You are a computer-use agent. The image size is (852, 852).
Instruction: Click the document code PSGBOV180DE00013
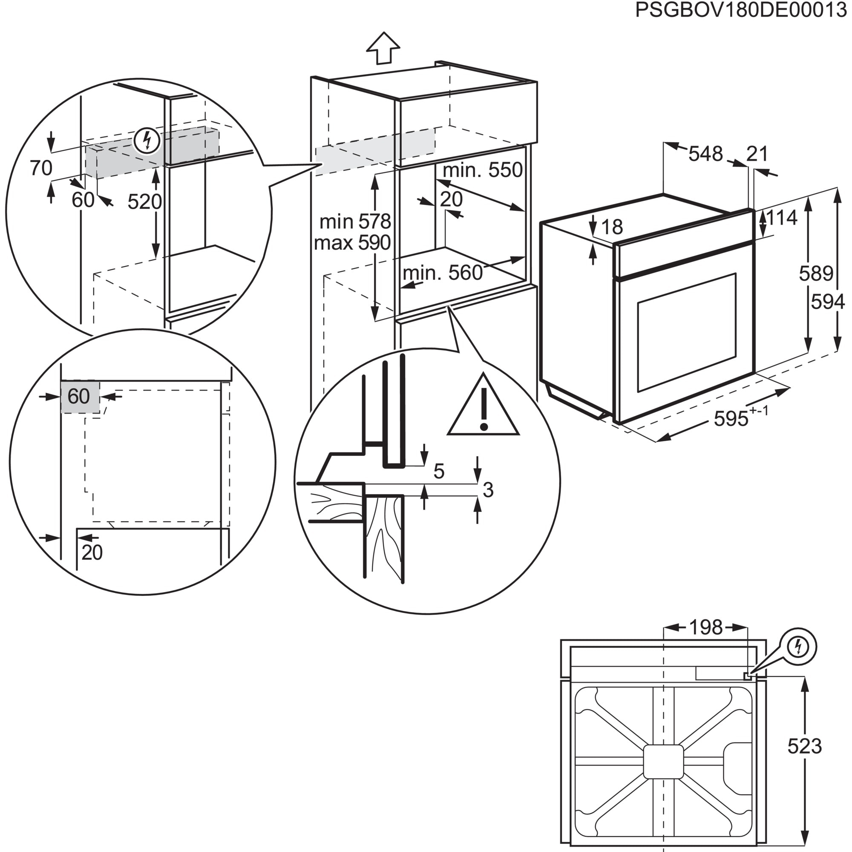click(x=740, y=11)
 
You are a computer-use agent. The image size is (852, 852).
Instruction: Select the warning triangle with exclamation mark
click(x=483, y=408)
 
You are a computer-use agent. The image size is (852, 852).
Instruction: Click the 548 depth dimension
click(x=705, y=154)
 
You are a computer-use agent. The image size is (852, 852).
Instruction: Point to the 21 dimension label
click(x=757, y=154)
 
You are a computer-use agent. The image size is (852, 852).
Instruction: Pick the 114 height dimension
click(x=781, y=218)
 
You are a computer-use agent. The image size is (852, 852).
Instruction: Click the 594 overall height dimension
click(x=828, y=302)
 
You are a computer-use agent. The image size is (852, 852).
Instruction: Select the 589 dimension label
click(x=815, y=274)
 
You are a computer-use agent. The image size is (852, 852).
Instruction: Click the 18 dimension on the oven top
click(x=612, y=227)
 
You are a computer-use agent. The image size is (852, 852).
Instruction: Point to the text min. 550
click(x=483, y=170)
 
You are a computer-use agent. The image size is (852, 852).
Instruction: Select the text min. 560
click(x=442, y=273)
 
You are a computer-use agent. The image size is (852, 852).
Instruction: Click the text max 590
click(x=352, y=243)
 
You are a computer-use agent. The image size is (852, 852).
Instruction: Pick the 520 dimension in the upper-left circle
click(x=144, y=202)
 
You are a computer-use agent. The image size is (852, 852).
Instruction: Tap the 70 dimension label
click(x=41, y=168)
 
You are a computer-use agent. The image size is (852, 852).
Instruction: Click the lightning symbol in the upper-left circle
click(x=147, y=141)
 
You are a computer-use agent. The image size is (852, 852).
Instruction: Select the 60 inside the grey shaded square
click(x=79, y=397)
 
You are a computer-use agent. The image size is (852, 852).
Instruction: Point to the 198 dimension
click(x=705, y=627)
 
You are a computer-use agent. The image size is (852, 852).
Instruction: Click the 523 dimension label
click(x=804, y=746)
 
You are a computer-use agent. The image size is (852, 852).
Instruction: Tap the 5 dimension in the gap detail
click(x=439, y=472)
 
